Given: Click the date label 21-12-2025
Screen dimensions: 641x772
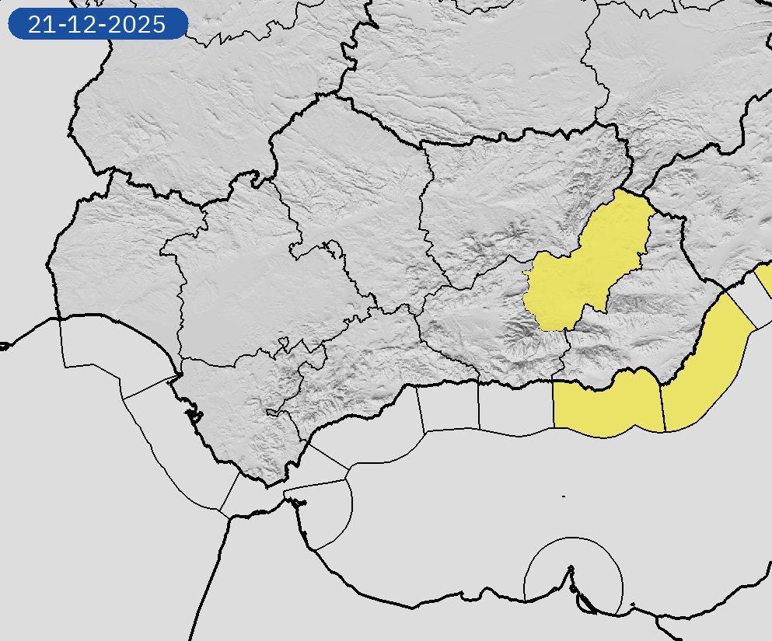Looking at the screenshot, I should (x=97, y=24).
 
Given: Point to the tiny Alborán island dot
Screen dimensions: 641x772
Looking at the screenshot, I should (x=563, y=496).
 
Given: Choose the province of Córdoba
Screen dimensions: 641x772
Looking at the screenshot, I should (x=350, y=194).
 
